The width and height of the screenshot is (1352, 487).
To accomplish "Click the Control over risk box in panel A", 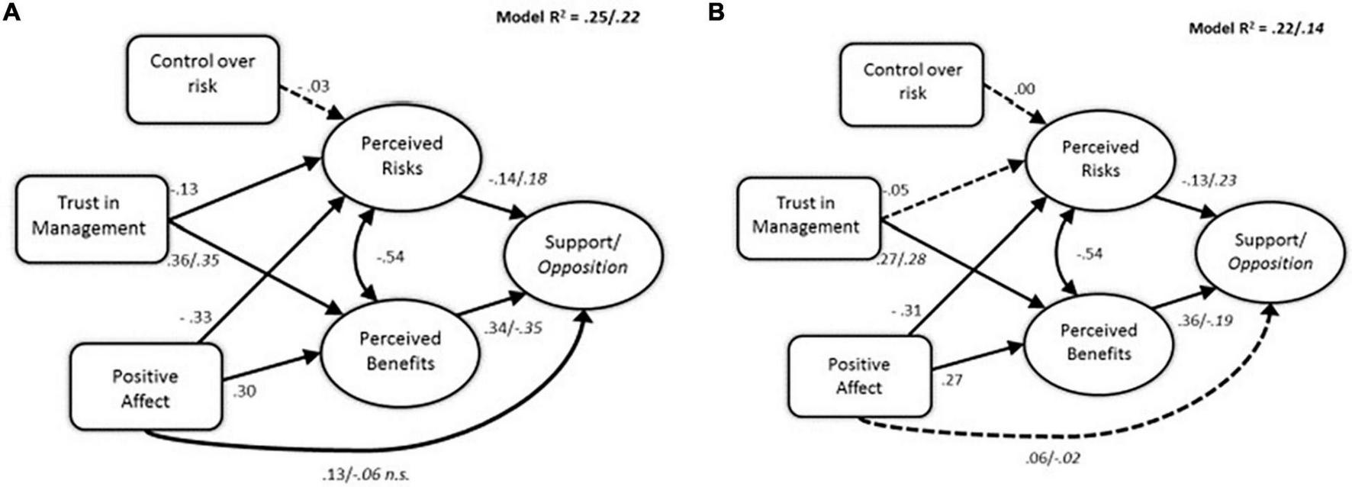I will [x=202, y=79].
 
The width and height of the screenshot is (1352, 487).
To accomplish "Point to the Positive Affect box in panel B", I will [x=859, y=376].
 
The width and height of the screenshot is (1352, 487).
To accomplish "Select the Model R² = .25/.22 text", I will [x=567, y=16].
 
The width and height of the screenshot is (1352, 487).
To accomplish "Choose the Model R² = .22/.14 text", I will [x=1255, y=28].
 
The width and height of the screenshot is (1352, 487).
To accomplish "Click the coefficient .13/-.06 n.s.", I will [x=365, y=474].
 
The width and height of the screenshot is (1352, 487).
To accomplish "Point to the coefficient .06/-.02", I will [x=1052, y=459].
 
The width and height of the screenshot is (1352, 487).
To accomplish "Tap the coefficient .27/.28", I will [x=902, y=260].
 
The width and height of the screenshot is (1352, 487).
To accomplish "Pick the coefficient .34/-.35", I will [x=512, y=331].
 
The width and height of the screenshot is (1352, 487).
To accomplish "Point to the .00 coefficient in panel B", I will [x=1025, y=89].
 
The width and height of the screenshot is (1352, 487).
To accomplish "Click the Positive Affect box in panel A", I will [x=146, y=387].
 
